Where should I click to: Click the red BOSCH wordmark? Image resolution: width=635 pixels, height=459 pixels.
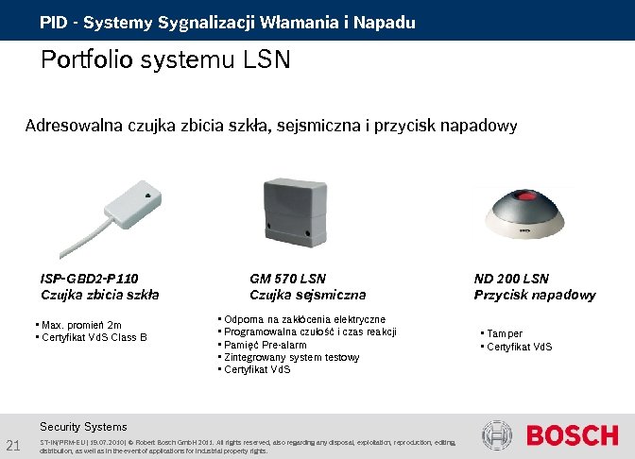coord(572,436)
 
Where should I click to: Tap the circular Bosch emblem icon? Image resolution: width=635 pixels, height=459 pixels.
coord(498,436)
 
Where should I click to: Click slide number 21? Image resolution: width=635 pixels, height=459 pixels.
coord(13,445)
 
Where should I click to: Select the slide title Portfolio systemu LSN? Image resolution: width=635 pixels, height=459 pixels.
coord(165,60)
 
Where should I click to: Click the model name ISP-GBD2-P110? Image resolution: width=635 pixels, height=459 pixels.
coord(90,279)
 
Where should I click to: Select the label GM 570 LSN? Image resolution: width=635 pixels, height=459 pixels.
coord(287,279)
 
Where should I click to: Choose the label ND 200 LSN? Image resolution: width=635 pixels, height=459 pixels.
coord(510,279)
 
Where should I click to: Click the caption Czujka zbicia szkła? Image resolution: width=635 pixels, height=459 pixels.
coord(100,295)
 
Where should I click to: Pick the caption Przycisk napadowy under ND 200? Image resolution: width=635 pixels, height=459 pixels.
coord(535,295)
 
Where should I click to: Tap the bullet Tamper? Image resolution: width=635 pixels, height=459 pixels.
coord(505,334)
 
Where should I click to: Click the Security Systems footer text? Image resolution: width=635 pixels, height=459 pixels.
coord(83,427)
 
